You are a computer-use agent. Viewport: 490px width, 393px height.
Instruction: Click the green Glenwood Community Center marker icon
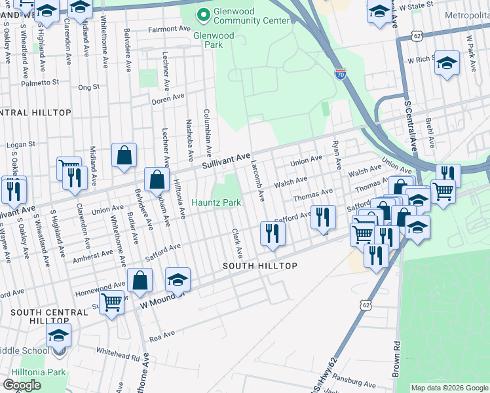click(x=203, y=14)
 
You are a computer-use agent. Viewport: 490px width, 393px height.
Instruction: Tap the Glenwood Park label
click(x=213, y=40)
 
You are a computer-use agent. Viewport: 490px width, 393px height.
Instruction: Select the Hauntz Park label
click(x=216, y=203)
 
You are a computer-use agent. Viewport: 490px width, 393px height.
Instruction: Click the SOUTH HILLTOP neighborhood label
click(x=260, y=266)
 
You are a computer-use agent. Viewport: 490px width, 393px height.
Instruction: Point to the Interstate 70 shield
click(x=340, y=75)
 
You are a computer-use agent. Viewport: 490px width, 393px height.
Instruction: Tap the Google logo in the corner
click(x=22, y=384)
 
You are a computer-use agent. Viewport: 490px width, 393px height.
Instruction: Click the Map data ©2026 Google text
click(x=449, y=388)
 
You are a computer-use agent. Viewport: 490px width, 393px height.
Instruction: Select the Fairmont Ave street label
click(x=168, y=29)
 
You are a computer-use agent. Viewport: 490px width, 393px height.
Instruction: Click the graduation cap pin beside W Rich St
click(x=447, y=63)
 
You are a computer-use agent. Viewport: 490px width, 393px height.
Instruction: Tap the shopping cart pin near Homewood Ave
click(x=112, y=303)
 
